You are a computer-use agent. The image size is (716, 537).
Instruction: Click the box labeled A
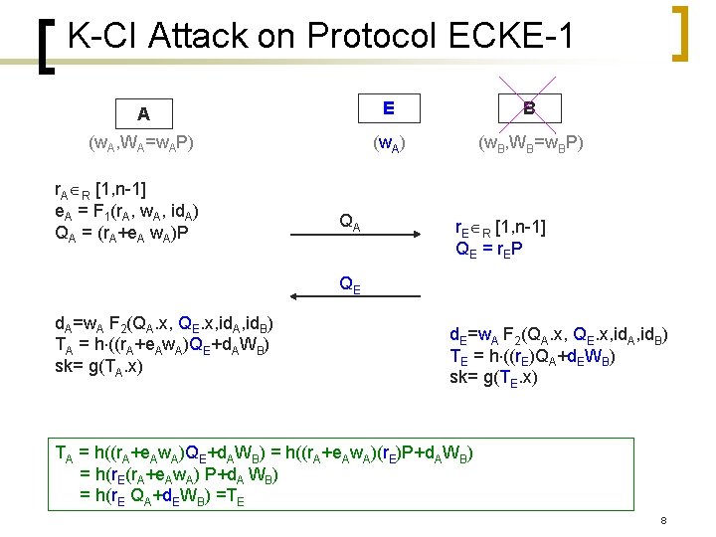(x=143, y=112)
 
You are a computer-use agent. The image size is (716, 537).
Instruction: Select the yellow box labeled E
(x=388, y=106)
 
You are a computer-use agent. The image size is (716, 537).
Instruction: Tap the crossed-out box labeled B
(x=529, y=106)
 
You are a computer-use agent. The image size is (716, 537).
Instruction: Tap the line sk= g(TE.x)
(x=493, y=377)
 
